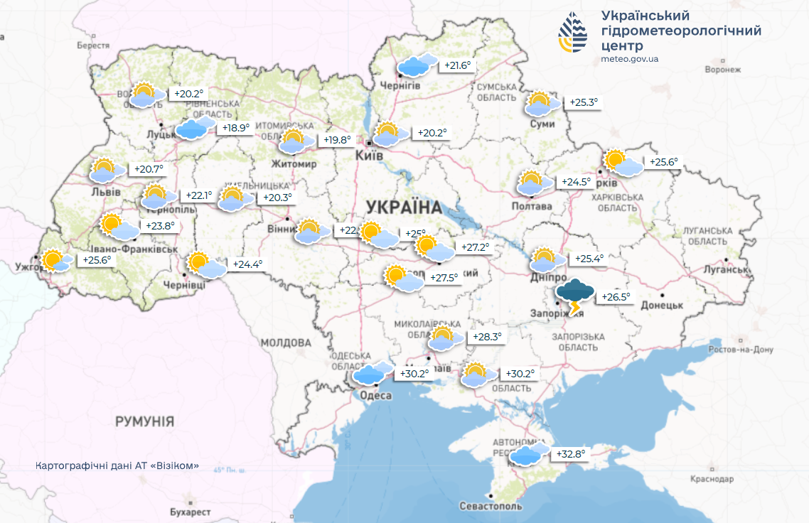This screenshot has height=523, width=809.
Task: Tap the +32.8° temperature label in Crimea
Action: point(571,454)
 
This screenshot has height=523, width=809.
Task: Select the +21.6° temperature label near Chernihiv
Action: point(457,65)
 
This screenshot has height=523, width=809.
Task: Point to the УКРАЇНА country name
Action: point(404,207)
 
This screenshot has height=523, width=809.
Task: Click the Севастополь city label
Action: point(491,506)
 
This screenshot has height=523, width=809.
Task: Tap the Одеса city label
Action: point(376,396)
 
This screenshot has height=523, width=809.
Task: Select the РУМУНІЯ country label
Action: point(144,421)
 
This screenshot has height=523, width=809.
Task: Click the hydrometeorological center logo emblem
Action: point(573,33)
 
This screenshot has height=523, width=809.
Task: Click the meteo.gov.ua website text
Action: point(629,59)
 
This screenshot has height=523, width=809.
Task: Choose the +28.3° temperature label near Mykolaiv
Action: point(487,337)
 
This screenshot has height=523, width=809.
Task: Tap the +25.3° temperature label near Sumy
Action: point(584,102)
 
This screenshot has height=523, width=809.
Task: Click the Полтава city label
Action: point(532,206)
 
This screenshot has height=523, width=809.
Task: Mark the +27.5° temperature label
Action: point(444,278)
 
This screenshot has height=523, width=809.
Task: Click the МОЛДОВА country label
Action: point(286,343)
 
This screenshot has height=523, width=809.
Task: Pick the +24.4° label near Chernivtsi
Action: point(248,264)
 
